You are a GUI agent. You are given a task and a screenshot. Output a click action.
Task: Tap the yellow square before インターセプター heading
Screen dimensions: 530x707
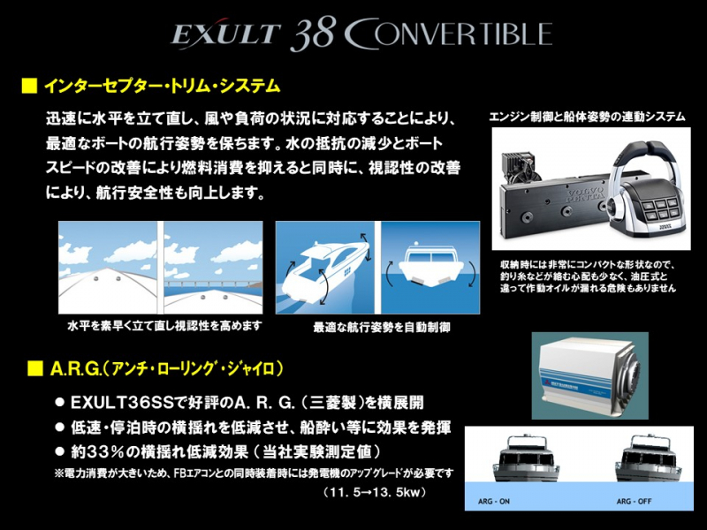(x=28, y=87)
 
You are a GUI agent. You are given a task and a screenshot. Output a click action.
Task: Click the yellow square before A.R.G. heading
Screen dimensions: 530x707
(x=28, y=367)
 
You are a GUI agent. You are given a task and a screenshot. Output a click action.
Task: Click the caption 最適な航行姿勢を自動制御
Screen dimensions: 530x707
(x=382, y=327)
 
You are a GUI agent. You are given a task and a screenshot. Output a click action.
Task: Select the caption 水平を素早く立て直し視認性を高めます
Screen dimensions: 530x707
(x=165, y=326)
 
